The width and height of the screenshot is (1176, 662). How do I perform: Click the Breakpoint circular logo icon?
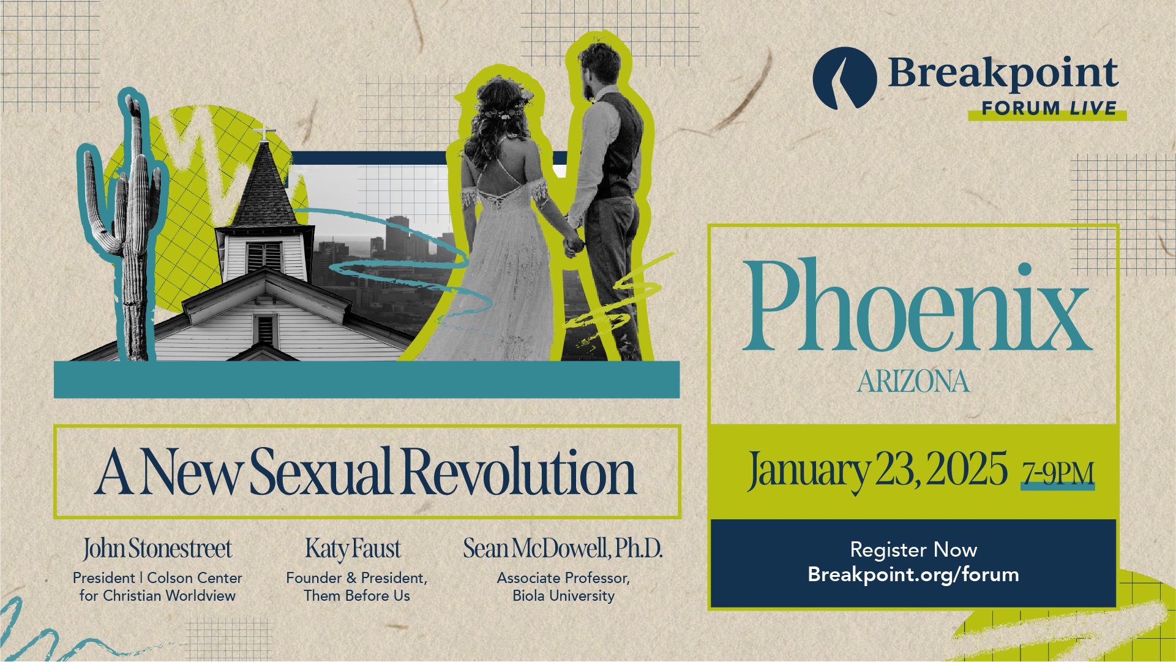[845, 78]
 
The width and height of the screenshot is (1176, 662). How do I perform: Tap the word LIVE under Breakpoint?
[1093, 108]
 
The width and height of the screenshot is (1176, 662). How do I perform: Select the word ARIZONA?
[913, 382]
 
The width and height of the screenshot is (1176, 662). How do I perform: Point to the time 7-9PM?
[1058, 473]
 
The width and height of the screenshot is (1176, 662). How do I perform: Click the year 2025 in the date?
[967, 469]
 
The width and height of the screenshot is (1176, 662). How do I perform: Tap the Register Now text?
[913, 549]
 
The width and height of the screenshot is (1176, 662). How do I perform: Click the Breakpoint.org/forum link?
[913, 574]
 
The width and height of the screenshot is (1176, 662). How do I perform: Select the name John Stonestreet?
[157, 549]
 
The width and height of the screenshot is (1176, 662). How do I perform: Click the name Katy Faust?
[353, 549]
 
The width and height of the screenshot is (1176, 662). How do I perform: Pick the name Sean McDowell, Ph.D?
[563, 548]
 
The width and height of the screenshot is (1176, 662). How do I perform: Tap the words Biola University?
[563, 596]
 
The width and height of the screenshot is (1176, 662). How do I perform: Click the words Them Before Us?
[357, 596]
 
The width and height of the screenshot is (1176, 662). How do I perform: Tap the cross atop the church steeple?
[264, 133]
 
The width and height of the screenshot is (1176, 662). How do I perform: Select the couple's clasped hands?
[573, 244]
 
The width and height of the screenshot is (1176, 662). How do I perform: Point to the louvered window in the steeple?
[264, 255]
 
